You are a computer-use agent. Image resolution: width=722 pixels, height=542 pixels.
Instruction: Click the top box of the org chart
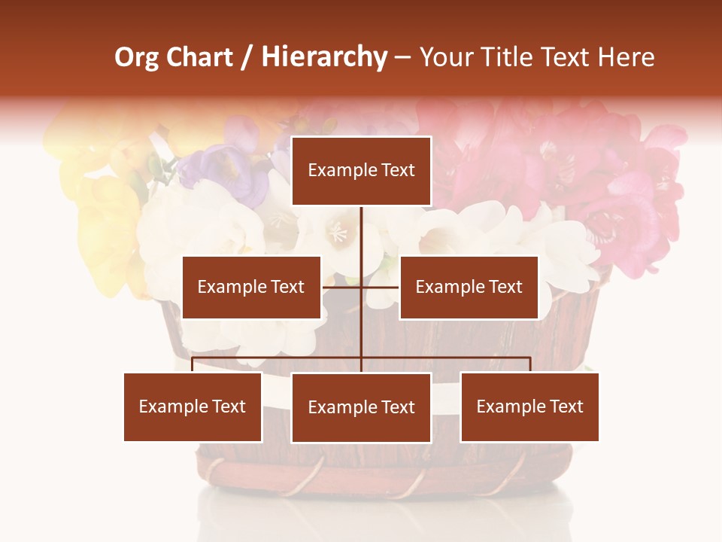(361, 171)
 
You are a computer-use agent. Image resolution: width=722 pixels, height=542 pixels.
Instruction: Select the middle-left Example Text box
(251, 287)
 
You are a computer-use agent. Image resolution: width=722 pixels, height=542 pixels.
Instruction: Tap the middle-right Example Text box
(469, 287)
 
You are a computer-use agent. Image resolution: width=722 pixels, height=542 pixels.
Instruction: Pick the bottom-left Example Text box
(193, 406)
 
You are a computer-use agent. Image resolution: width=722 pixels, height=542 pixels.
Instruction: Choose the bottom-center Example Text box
(361, 407)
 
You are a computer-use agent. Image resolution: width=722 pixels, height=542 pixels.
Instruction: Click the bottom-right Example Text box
(529, 406)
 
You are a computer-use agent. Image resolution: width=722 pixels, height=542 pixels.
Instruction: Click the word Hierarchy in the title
(324, 57)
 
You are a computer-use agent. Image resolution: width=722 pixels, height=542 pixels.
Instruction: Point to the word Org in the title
(136, 57)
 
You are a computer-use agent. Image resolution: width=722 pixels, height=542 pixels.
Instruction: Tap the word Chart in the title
(199, 57)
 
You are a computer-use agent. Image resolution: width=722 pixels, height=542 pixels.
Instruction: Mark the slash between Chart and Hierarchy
(248, 58)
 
